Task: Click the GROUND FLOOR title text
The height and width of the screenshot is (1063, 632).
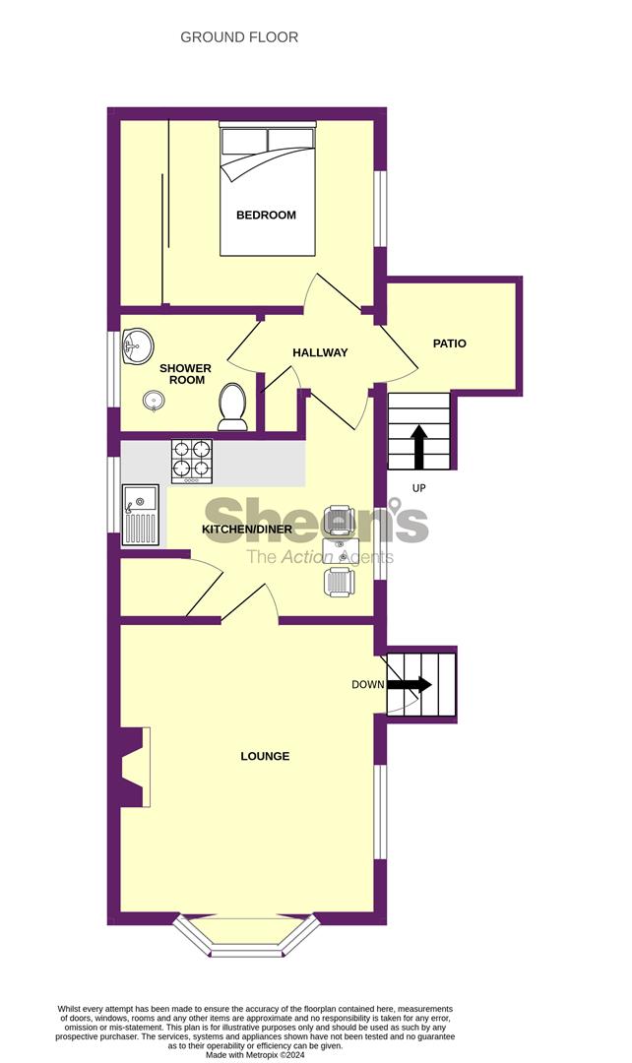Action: pyautogui.click(x=239, y=37)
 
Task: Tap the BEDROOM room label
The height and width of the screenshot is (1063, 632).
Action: pyautogui.click(x=266, y=215)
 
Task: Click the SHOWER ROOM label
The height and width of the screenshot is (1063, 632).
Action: pyautogui.click(x=185, y=374)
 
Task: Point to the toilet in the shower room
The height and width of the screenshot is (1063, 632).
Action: pyautogui.click(x=233, y=406)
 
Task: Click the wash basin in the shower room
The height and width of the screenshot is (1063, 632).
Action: pyautogui.click(x=137, y=344)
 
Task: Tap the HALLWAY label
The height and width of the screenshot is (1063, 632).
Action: pyautogui.click(x=320, y=352)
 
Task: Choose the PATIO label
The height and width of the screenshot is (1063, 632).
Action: pyautogui.click(x=449, y=344)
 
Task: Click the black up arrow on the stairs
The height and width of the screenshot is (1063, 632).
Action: pyautogui.click(x=418, y=445)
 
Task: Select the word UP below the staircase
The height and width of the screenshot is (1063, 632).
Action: pyautogui.click(x=419, y=488)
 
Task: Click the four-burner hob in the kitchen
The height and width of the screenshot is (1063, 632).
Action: pyautogui.click(x=192, y=461)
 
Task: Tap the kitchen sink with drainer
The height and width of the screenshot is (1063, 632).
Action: pyautogui.click(x=139, y=515)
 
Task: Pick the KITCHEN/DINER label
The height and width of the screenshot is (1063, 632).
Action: pyautogui.click(x=242, y=530)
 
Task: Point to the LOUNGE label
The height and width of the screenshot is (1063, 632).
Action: pyautogui.click(x=266, y=756)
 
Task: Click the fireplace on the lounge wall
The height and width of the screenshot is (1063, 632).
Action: pyautogui.click(x=134, y=767)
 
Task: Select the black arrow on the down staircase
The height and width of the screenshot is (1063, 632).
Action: pyautogui.click(x=409, y=684)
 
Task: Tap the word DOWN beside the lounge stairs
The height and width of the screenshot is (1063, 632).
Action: pyautogui.click(x=367, y=684)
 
